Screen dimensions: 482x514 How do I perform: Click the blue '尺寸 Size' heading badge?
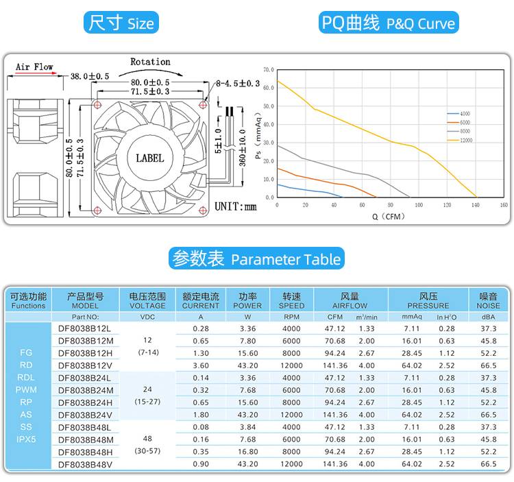tap(121, 23)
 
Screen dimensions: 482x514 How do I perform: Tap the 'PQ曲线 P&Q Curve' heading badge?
tap(389, 23)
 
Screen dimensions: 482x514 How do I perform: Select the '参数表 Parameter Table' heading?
tap(256, 259)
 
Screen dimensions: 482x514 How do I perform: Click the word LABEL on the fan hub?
tap(150, 158)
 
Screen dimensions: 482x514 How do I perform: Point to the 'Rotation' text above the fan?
tap(150, 62)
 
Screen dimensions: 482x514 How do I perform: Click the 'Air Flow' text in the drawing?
tap(34, 67)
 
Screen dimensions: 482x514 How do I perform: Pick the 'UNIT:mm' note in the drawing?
tap(235, 206)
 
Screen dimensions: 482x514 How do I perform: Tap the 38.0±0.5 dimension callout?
tap(90, 76)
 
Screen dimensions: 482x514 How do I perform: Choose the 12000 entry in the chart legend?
tap(466, 140)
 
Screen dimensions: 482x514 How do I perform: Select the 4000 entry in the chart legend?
tap(465, 113)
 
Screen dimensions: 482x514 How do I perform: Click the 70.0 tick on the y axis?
tap(268, 70)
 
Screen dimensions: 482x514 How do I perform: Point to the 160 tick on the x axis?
tap(503, 205)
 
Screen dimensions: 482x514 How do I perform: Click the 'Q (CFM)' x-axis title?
tap(389, 217)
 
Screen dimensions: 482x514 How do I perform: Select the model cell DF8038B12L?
tap(85, 328)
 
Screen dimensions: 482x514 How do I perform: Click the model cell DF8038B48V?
tap(85, 463)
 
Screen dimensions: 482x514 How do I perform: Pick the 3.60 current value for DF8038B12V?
tap(201, 365)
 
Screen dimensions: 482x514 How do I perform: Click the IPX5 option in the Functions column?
tap(27, 438)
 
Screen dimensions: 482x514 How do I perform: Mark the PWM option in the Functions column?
tap(27, 389)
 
